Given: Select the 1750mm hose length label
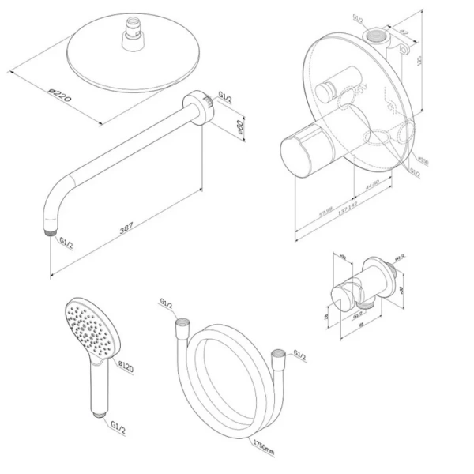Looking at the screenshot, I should [x=262, y=444].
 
